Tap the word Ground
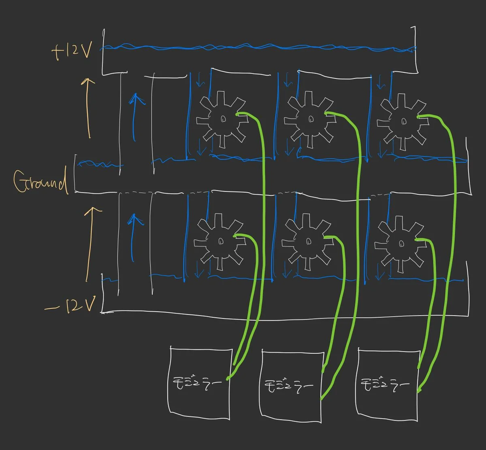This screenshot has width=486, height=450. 40,181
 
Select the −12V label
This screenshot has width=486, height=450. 70,306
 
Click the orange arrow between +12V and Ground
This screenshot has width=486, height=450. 88,108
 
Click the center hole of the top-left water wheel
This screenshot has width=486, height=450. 223,119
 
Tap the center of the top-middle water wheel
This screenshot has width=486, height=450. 311,119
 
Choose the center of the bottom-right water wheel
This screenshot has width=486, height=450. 402,244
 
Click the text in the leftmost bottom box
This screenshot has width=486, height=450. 197,383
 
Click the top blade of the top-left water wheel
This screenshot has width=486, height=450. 221,99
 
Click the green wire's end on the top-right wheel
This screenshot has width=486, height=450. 418,117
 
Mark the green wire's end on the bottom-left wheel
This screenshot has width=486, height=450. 234,236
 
